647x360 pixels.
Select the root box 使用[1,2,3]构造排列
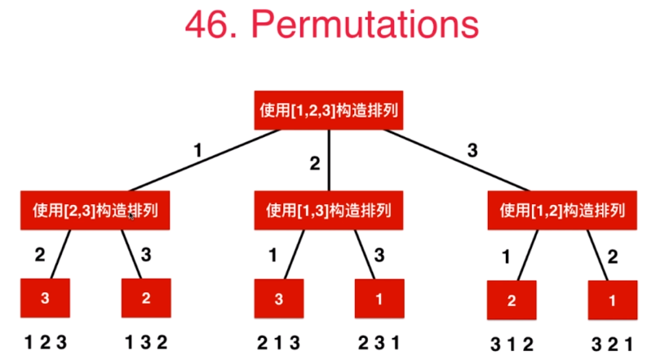329,109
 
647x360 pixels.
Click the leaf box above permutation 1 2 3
46,298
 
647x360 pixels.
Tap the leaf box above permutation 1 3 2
146,298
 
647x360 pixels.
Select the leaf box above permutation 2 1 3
279,300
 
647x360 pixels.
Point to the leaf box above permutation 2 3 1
379,300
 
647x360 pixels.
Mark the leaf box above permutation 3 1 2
512,300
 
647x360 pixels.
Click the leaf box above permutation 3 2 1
613,300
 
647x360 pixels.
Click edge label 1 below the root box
197,150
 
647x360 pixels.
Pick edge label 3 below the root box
472,150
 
